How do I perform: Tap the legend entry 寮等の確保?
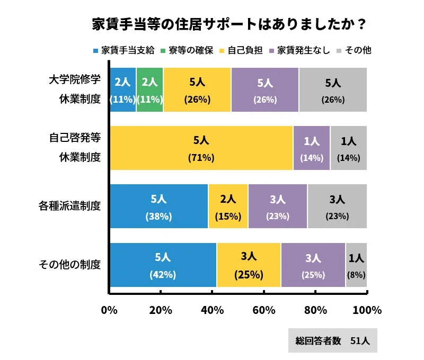pyautogui.click(x=189, y=51)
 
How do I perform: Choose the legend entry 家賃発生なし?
pyautogui.click(x=299, y=51)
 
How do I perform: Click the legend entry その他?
pyautogui.click(x=354, y=51)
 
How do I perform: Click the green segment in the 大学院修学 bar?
pyautogui.click(x=150, y=90)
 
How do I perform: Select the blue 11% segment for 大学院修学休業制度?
pyautogui.click(x=123, y=90)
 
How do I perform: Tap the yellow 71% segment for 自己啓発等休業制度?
pyautogui.click(x=201, y=148)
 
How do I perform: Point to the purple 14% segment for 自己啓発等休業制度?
pyautogui.click(x=312, y=148)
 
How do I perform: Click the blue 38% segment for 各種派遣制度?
pyautogui.click(x=159, y=206)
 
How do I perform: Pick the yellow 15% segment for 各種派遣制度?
pyautogui.click(x=228, y=206)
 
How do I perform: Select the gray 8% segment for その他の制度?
pyautogui.click(x=356, y=265)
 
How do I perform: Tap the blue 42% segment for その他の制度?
pyautogui.click(x=163, y=265)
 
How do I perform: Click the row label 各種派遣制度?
pyautogui.click(x=70, y=206)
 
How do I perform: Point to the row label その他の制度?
pyautogui.click(x=70, y=265)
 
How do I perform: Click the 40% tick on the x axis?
pyautogui.click(x=212, y=310)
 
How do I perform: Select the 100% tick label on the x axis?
pyautogui.click(x=367, y=310)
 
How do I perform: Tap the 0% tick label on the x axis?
pyautogui.click(x=109, y=310)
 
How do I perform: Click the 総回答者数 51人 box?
pyautogui.click(x=332, y=341)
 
